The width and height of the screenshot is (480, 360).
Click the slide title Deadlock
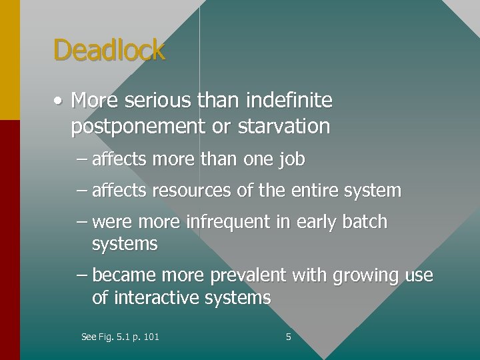pyautogui.click(x=109, y=50)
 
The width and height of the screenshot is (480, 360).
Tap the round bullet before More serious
pyautogui.click(x=59, y=101)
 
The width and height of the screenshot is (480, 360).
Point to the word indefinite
pyautogui.click(x=289, y=101)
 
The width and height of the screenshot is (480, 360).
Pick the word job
pyautogui.click(x=293, y=160)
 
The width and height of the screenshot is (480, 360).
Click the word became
pyautogui.click(x=121, y=275)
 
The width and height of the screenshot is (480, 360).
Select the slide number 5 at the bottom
pyautogui.click(x=288, y=337)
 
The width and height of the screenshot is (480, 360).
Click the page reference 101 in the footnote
pyautogui.click(x=151, y=337)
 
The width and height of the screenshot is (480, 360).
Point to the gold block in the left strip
pyautogui.click(x=10, y=60)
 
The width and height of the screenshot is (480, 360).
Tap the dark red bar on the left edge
pyautogui.click(x=10, y=240)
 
